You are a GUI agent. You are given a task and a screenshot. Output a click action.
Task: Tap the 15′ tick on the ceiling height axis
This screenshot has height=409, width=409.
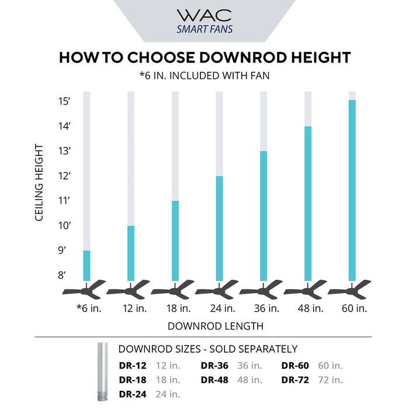coord(64,101)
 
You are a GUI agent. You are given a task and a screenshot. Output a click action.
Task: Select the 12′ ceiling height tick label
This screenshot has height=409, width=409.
coord(64,176)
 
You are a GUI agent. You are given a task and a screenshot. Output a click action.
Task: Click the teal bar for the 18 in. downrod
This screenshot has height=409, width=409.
coord(175,241)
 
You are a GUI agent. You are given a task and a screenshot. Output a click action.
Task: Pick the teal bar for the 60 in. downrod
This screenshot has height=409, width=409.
coord(352,190)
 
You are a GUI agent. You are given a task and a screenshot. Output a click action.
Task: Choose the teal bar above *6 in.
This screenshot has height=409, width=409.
coord(87,266)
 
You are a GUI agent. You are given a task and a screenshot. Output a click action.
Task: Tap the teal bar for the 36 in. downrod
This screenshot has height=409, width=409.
coord(264,216)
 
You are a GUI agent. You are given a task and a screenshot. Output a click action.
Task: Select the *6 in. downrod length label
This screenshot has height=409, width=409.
coord(89,308)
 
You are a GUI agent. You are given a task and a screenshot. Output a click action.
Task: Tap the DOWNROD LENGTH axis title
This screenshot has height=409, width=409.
coord(215,325)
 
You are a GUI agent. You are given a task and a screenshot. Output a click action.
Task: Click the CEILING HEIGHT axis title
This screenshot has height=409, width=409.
coord(40,182)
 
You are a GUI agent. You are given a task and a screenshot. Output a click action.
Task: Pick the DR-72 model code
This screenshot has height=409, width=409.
coord(296,380)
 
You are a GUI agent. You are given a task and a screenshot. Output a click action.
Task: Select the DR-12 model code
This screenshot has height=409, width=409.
coord(134,366)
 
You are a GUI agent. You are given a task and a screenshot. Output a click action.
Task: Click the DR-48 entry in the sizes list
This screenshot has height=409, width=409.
coord(215,380)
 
